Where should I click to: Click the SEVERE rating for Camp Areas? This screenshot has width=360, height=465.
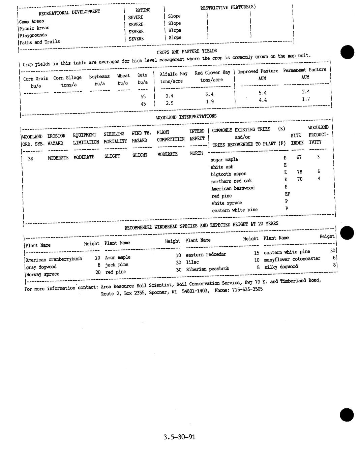point(136,17)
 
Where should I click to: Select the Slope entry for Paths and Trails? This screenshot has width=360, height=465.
point(175,38)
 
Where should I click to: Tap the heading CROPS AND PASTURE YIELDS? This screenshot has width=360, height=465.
point(187,52)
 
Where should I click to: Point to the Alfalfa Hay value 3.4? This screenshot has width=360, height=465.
point(169,96)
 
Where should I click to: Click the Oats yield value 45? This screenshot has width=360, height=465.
point(143,104)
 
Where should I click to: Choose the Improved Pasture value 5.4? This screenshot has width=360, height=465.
point(263,93)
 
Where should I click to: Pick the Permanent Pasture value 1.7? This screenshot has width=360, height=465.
point(306,99)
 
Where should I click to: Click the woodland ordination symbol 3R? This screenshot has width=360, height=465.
point(30,158)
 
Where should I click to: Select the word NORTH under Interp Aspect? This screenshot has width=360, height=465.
point(196,153)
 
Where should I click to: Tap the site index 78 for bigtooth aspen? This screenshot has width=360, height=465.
point(299,172)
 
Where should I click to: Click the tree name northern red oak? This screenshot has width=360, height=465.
point(231,181)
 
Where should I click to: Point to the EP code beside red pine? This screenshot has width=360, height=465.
point(287,194)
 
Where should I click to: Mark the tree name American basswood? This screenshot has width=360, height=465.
point(233,188)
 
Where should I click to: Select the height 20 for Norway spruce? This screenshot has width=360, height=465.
point(98,272)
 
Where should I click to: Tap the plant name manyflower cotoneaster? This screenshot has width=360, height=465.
point(292,259)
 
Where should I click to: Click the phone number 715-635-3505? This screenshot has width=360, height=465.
point(247,289)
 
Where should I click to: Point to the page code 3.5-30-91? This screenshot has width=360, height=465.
point(179,437)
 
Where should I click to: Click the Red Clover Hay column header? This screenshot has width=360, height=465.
point(212,73)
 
